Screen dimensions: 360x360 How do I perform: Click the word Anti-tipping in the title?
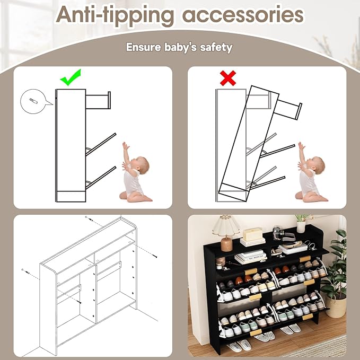pyautogui.click(x=115, y=15)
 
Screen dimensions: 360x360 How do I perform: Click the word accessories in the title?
pyautogui.click(x=243, y=14)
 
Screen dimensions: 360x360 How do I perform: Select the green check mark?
pyautogui.click(x=71, y=77)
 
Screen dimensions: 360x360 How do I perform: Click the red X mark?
pyautogui.click(x=228, y=78)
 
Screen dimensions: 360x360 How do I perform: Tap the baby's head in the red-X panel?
pyautogui.click(x=318, y=164)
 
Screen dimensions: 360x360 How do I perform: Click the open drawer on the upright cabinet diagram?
pyautogui.click(x=98, y=100)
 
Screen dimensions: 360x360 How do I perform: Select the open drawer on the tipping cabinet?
pyautogui.click(x=288, y=110)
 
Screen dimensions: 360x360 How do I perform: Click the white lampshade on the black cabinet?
pyautogui.click(x=226, y=226)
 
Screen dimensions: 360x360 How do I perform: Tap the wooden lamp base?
pyautogui.click(x=226, y=244)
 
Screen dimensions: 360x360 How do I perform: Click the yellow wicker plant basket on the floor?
pyautogui.click(x=336, y=306)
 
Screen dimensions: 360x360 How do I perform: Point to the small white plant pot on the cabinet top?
pyautogui.click(x=301, y=227)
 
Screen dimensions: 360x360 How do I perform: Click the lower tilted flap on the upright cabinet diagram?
pyautogui.click(x=101, y=178)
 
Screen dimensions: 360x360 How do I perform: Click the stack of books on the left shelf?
pyautogui.click(x=251, y=257)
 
